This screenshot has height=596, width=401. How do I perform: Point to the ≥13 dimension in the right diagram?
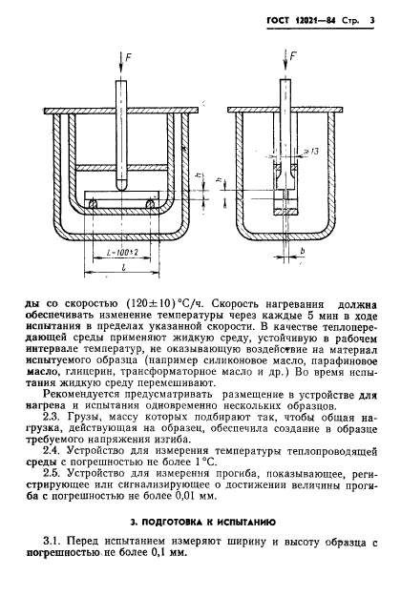(x=306, y=153)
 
